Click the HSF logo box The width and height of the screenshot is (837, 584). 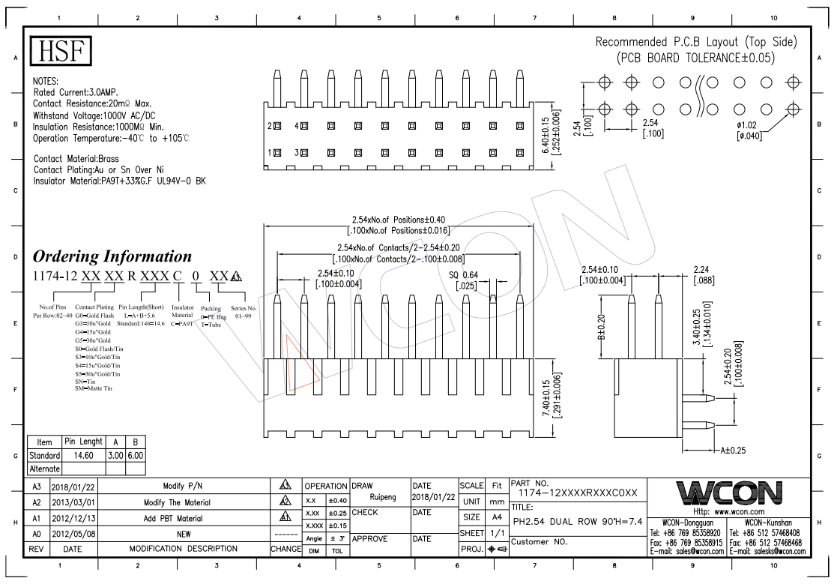61,50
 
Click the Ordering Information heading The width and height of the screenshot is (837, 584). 112,256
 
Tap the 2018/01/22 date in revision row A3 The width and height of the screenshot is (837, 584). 73,487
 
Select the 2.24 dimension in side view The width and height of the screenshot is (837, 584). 702,274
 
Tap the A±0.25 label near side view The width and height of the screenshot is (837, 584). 735,451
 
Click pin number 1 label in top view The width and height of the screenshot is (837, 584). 270,152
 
